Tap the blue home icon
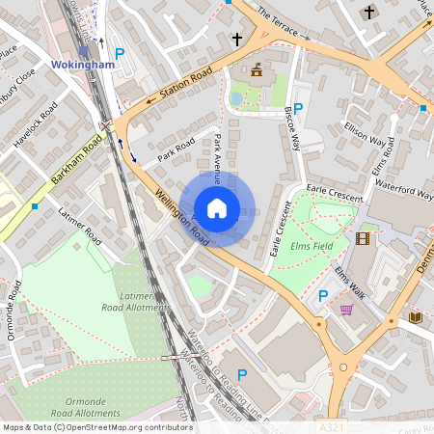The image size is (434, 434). [217, 207]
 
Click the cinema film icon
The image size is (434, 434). [362, 238]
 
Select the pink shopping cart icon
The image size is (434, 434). [346, 310]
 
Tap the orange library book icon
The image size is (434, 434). [415, 317]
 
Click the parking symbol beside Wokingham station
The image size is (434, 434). [120, 55]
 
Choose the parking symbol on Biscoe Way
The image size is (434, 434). [298, 109]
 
